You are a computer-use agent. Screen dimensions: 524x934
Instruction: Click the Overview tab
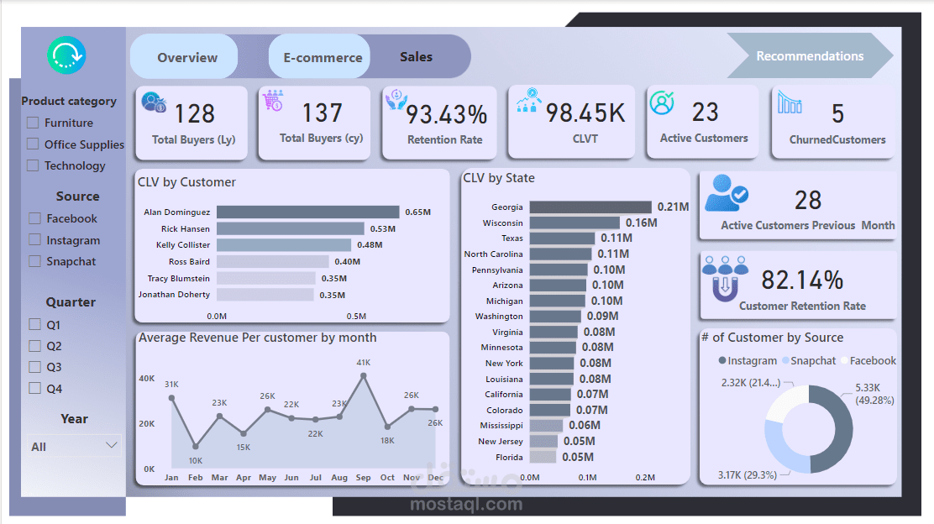tap(186, 57)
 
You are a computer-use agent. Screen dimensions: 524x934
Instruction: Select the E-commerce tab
tap(322, 57)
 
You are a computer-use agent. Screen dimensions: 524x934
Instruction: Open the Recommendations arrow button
tap(809, 56)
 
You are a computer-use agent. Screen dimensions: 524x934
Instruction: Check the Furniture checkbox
tap(34, 123)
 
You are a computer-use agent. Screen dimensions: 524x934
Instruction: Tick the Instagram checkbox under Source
tap(34, 240)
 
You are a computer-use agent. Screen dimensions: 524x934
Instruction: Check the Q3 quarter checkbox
tap(34, 367)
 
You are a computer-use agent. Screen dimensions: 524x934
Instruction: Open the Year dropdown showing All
tap(73, 446)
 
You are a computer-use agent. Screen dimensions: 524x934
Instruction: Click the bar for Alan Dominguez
tap(307, 212)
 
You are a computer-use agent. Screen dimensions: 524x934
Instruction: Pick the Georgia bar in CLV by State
tap(590, 207)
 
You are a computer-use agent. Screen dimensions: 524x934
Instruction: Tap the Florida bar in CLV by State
tap(543, 457)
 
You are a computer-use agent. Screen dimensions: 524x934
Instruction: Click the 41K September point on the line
tap(364, 376)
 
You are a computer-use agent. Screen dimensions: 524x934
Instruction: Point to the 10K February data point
tap(196, 447)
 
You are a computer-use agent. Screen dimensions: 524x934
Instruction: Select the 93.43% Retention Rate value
tap(446, 113)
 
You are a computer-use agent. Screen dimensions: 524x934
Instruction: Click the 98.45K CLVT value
tap(585, 113)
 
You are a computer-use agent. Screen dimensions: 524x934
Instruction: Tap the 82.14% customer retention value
tap(801, 280)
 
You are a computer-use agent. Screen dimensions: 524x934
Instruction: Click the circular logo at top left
tap(66, 56)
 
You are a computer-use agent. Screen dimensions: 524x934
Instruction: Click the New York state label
tap(504, 363)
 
